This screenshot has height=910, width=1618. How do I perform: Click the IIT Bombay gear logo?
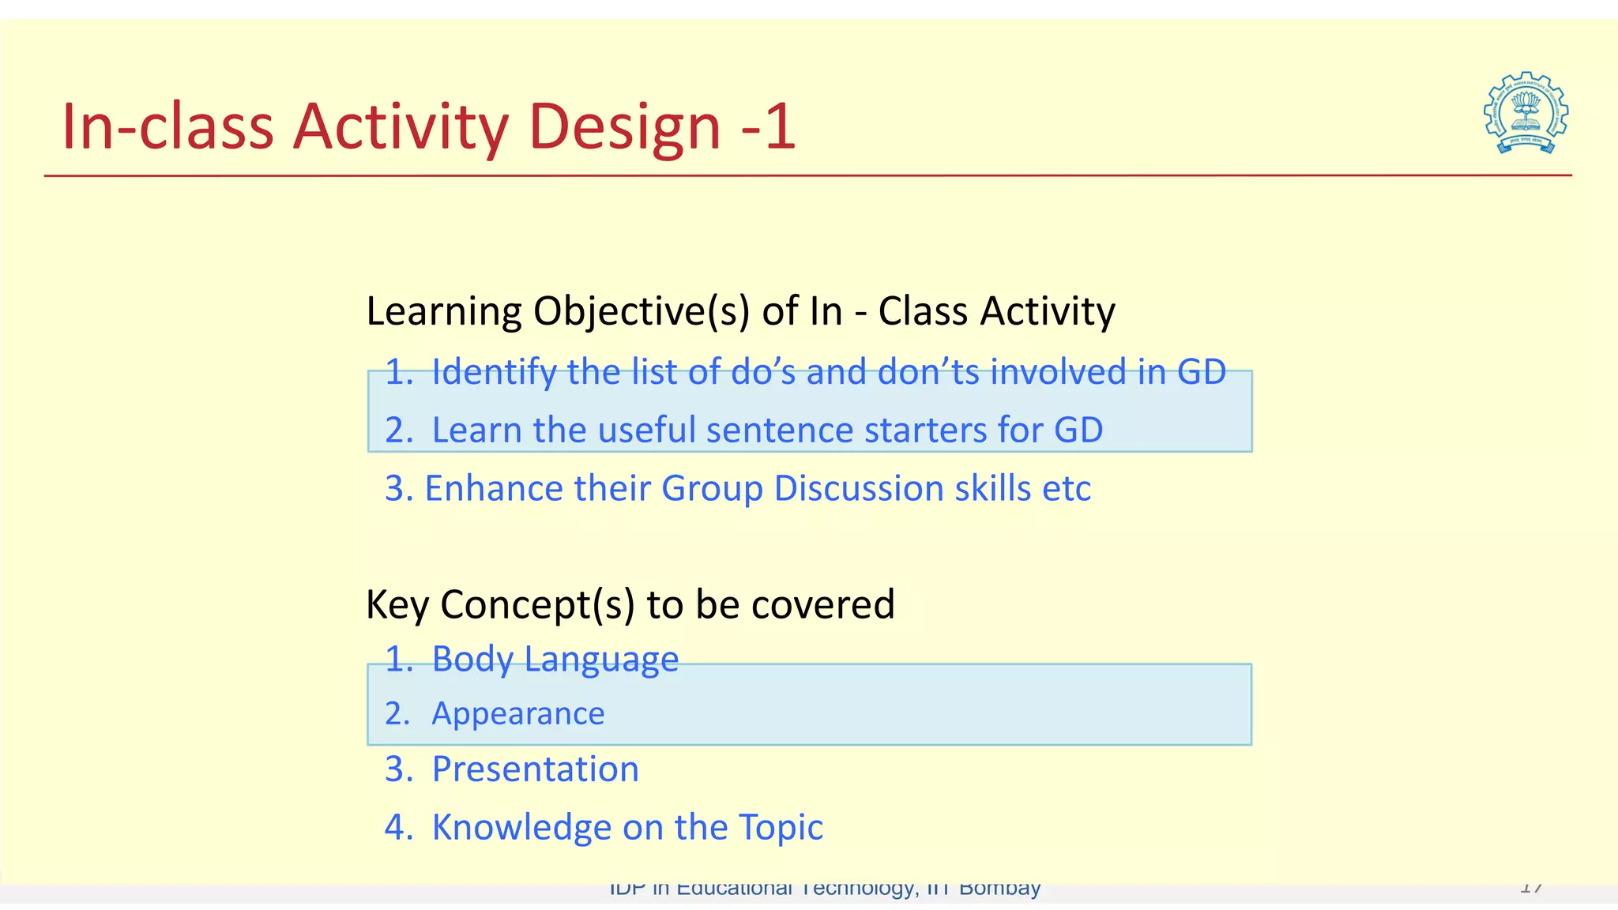1526,113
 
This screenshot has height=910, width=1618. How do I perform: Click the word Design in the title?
623,126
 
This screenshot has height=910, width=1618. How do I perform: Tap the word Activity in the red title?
401,126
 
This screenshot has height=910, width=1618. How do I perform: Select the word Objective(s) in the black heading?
641,311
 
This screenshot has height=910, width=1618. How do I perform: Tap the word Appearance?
517,714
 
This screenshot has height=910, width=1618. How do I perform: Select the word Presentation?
535,769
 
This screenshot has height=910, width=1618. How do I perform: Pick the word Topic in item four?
781,828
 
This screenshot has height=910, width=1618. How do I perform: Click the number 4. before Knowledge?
398,828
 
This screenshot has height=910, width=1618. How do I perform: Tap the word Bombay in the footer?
999,889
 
